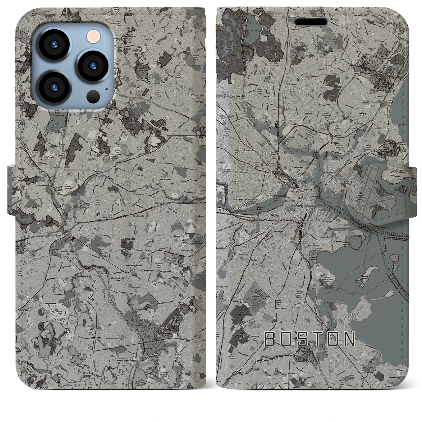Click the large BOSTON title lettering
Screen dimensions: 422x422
coord(310,339)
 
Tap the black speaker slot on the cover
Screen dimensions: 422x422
coord(311,22)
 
